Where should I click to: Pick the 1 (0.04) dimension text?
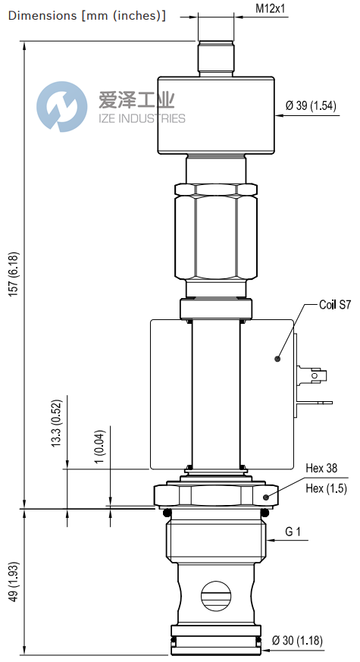[x=99, y=450]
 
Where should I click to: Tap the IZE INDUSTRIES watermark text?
[x=141, y=118]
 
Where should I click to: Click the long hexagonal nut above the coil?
[x=216, y=235]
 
